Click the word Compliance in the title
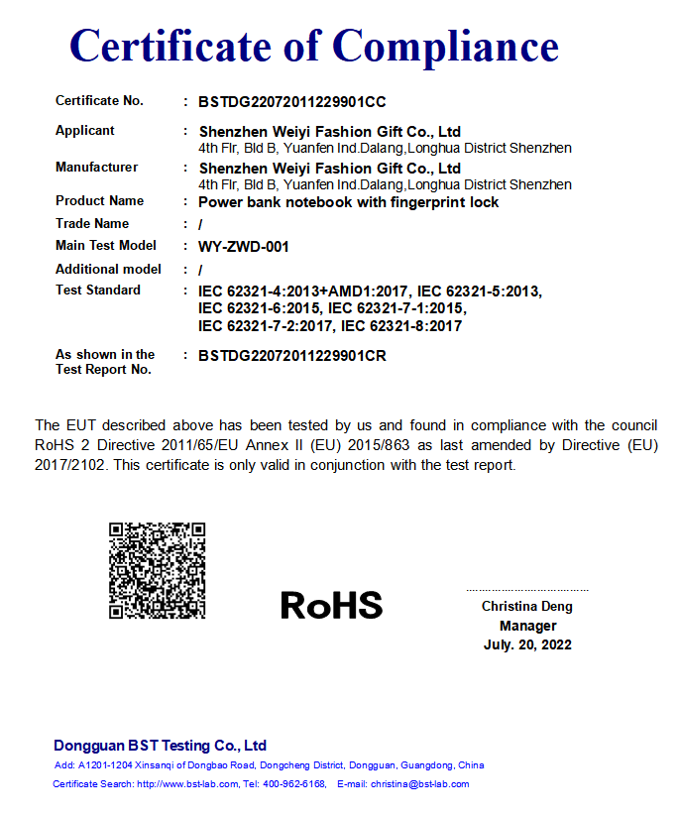(x=445, y=46)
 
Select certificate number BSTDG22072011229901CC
(x=291, y=101)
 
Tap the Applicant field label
(x=85, y=130)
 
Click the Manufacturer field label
(x=97, y=167)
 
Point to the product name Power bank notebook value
(x=348, y=202)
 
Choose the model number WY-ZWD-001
(x=244, y=246)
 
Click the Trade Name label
(x=92, y=223)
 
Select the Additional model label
(x=108, y=269)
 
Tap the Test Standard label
(x=98, y=290)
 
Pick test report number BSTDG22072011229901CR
(x=291, y=355)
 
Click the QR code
(x=157, y=570)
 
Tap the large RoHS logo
(x=331, y=605)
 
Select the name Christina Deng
(x=527, y=606)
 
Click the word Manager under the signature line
(x=527, y=626)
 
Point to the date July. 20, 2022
(x=527, y=644)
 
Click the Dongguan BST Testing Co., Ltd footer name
(x=160, y=746)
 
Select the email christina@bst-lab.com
(x=419, y=784)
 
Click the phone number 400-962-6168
(x=295, y=784)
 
